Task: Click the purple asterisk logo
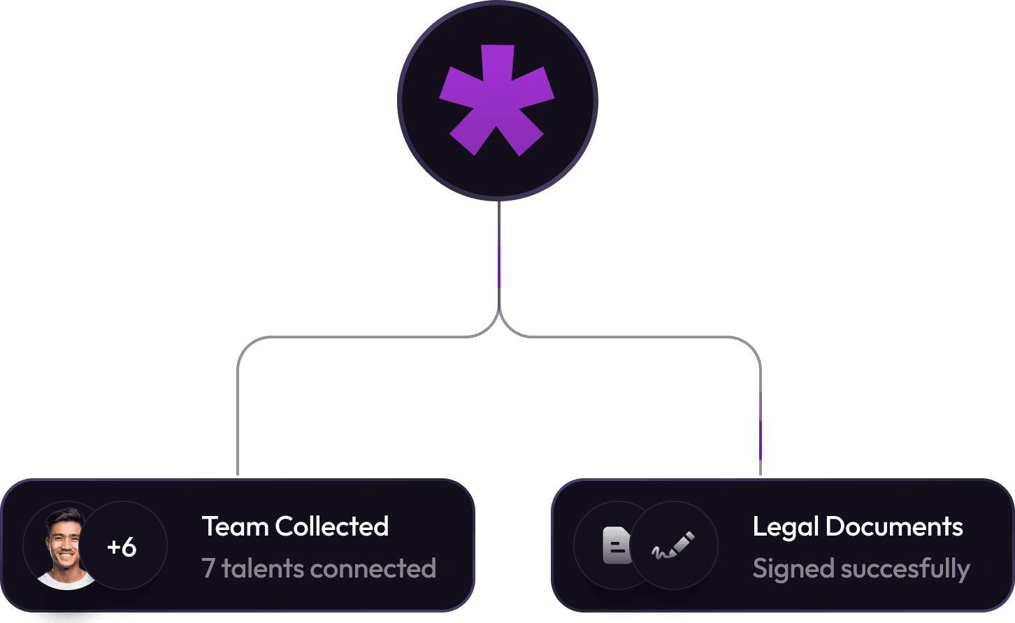[x=497, y=100]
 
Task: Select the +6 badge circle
[x=122, y=547]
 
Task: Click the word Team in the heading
[x=236, y=527]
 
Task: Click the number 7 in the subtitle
[x=208, y=568]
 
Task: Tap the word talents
[x=262, y=568]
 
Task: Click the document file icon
[x=617, y=546]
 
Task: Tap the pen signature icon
[x=674, y=546]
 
